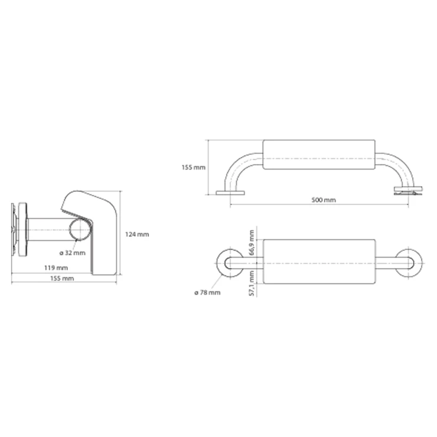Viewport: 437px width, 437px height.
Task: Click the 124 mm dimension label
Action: point(137,234)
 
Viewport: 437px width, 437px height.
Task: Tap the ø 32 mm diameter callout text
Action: point(73,253)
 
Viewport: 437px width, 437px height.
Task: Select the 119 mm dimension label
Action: point(56,268)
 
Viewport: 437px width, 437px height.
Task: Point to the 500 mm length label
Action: point(324,200)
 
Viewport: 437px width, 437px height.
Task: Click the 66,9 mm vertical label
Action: point(252,243)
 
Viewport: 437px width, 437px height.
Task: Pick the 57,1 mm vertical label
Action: point(252,283)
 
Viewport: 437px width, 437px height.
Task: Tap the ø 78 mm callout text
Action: point(207,293)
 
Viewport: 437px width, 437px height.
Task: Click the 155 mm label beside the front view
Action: point(194,168)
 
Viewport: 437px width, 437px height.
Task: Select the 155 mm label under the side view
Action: point(62,278)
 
